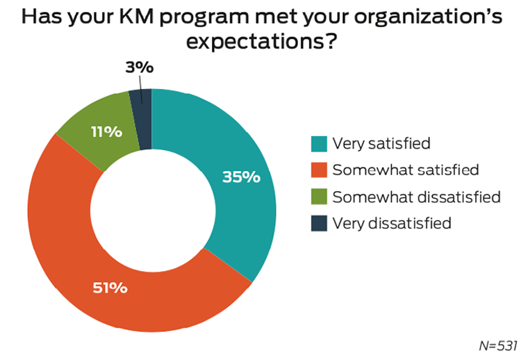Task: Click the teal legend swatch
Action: coord(320,144)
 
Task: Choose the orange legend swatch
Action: coord(320,170)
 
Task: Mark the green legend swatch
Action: coord(320,197)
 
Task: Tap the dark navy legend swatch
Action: coord(320,223)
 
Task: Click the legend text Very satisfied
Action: coord(381,144)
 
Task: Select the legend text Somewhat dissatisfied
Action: coord(416,197)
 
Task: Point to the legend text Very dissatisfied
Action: coord(392,223)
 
